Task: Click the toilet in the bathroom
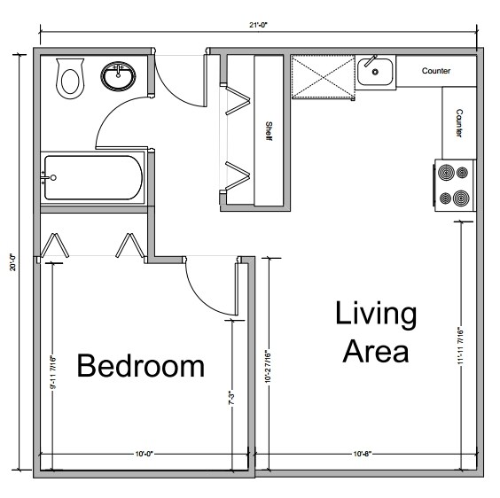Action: tap(68, 79)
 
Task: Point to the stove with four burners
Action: tap(454, 184)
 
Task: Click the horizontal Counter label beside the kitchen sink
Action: tap(435, 71)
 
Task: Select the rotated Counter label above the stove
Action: tap(459, 123)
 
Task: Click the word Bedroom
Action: tap(140, 366)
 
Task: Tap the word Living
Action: tap(375, 314)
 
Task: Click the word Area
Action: tap(375, 351)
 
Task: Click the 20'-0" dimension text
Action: tap(12, 263)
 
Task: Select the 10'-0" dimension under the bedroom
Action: tap(145, 454)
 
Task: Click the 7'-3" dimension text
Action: tap(230, 398)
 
